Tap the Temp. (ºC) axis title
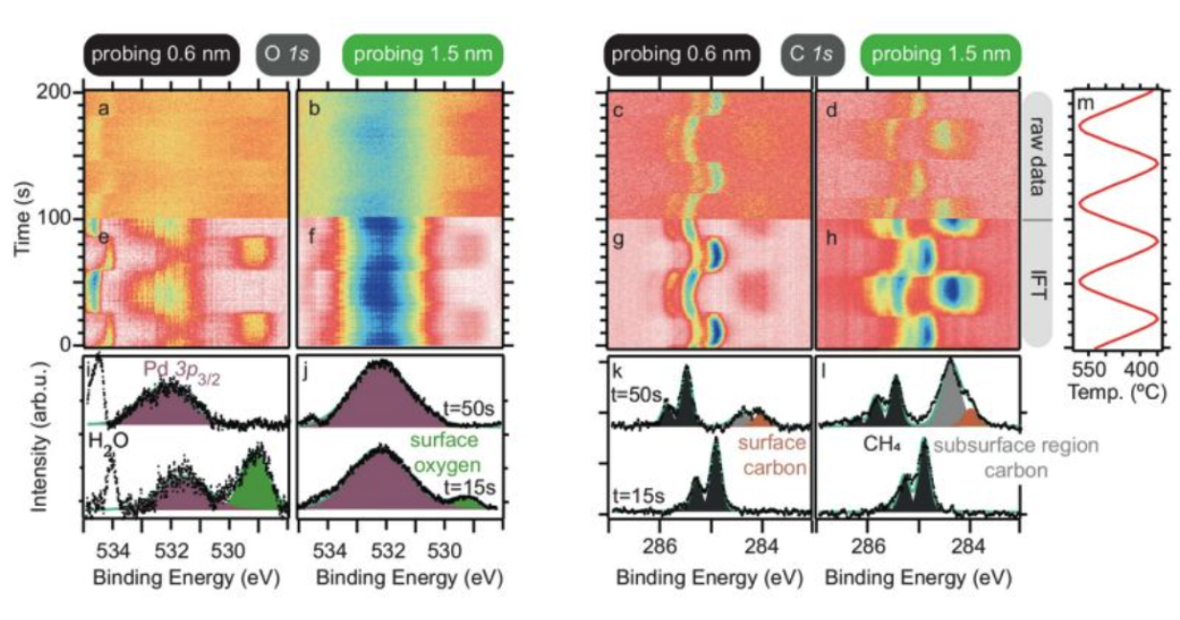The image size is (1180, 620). tap(1117, 391)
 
